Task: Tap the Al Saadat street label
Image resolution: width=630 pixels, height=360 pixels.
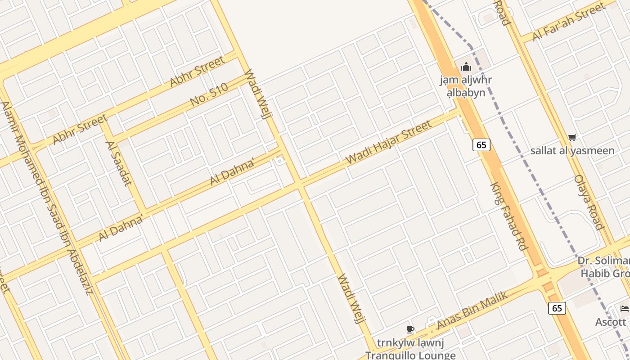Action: pos(118,163)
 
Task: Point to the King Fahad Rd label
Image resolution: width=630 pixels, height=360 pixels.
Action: pos(509,216)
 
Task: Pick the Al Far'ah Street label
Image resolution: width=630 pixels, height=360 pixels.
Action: pos(569,21)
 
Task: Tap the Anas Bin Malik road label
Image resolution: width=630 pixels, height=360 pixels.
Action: pos(472,310)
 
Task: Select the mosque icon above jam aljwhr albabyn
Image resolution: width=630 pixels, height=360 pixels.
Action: pos(466,67)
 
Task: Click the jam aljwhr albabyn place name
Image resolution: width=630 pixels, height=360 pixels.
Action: pos(466,86)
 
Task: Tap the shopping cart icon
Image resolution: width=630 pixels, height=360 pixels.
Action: pos(572,138)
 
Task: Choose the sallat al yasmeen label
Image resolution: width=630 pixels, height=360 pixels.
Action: pos(572,150)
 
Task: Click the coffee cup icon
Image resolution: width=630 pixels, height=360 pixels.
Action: pos(410,329)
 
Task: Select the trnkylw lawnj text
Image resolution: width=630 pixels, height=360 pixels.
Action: pos(410,343)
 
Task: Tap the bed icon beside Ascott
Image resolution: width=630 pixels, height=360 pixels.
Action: pos(624,309)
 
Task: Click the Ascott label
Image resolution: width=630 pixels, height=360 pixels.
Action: pos(611,322)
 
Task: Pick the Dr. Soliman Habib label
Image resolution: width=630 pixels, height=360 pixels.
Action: pos(604,267)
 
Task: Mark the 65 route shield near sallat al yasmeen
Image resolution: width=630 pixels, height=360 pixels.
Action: pos(481,145)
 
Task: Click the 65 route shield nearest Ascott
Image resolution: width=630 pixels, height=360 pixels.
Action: pos(557,308)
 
